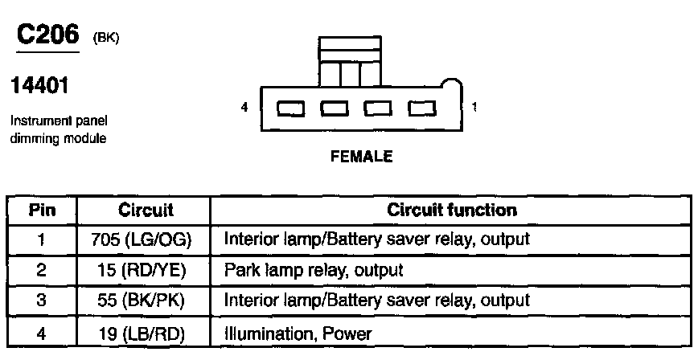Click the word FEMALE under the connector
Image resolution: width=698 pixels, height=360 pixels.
coord(362,157)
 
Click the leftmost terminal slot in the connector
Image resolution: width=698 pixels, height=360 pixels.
coord(289,108)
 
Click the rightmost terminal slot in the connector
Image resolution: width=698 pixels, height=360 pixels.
coord(421,108)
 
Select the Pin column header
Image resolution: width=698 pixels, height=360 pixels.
coord(42,211)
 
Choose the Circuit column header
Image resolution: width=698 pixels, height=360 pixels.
coord(146,211)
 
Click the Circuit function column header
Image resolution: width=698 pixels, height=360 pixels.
coord(451,211)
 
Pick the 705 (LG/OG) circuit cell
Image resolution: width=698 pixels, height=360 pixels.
coord(146,239)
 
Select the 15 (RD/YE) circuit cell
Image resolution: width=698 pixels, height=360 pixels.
coord(146,270)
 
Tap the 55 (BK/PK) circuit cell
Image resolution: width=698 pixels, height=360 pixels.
coord(146,301)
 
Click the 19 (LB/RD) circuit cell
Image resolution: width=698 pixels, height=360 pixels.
coord(146,331)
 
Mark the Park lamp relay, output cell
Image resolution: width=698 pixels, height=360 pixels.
coord(314,270)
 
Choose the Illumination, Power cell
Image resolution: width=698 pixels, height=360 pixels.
coord(298,331)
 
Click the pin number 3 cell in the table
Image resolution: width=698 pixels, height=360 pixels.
coord(42,301)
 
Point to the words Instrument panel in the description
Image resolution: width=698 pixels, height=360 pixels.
coord(59,122)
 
